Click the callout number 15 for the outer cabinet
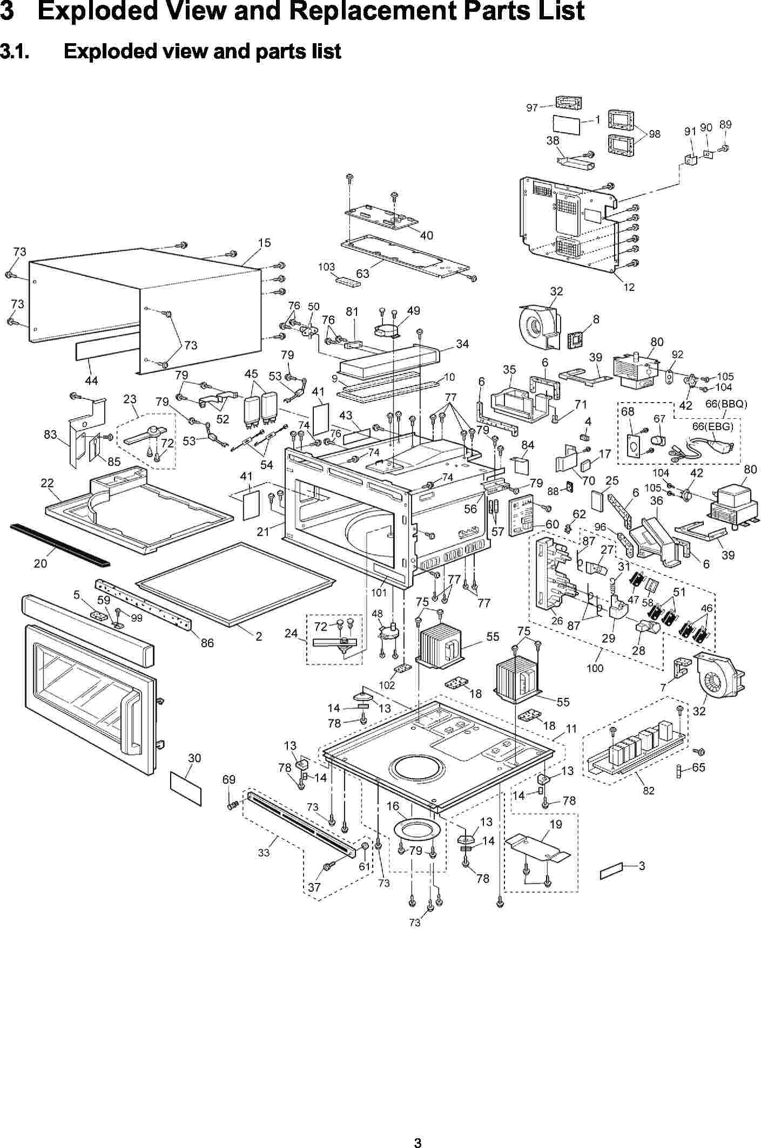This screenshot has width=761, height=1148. click(264, 243)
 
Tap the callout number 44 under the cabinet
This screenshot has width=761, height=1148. click(91, 381)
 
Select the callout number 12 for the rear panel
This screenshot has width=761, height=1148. click(629, 288)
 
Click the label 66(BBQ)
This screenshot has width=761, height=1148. click(726, 404)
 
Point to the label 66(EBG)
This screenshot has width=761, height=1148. click(713, 426)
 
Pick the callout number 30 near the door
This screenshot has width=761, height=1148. click(194, 758)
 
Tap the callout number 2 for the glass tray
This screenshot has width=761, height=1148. click(259, 636)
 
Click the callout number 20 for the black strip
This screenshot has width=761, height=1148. click(41, 563)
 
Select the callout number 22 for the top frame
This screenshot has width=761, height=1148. click(47, 483)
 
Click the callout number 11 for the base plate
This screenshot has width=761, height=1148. click(571, 729)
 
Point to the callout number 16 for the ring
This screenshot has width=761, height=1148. click(393, 806)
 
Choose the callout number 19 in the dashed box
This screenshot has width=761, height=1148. click(556, 824)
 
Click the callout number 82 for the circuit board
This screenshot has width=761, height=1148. click(649, 791)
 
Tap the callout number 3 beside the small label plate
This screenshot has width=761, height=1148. click(642, 866)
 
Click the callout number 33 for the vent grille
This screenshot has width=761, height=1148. click(264, 853)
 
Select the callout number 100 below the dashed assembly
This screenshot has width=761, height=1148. click(595, 668)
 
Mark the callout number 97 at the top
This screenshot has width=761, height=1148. click(532, 108)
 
